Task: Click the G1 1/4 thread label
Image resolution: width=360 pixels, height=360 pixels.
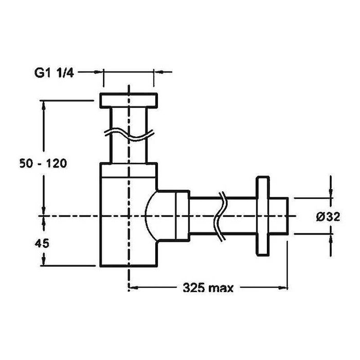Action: tap(54, 73)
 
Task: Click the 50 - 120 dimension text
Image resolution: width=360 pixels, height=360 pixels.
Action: tap(43, 164)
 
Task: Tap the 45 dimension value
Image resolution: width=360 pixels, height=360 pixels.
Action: tap(42, 243)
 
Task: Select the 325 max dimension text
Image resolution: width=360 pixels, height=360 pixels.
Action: tap(208, 287)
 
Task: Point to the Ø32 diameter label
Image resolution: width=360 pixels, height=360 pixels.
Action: tap(328, 217)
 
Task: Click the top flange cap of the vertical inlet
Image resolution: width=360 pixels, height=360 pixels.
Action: tap(129, 100)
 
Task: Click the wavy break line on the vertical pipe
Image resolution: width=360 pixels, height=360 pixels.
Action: tap(129, 135)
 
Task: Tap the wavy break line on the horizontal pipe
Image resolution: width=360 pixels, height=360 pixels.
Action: tap(220, 217)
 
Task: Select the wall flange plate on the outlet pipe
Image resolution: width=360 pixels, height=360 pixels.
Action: tap(263, 216)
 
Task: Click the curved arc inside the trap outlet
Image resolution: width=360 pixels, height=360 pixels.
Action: tap(149, 216)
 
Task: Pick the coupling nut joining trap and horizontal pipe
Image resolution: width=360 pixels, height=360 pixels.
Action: tap(183, 216)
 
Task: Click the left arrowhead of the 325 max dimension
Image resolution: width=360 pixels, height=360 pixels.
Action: tap(134, 287)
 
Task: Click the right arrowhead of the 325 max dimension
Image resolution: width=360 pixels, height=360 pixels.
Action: tap(283, 287)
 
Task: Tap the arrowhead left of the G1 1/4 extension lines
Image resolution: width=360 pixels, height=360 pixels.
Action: tap(98, 72)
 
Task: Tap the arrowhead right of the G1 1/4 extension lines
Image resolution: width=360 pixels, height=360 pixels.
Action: tap(159, 72)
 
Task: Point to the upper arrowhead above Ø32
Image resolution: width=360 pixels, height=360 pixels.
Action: tap(331, 193)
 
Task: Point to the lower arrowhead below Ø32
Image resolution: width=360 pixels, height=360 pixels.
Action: tap(331, 239)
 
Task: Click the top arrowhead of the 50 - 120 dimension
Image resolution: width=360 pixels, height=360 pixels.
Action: tap(43, 105)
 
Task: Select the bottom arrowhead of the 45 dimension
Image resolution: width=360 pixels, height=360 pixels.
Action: tap(43, 261)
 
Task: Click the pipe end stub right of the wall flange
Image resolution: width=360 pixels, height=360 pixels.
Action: tap(279, 216)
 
